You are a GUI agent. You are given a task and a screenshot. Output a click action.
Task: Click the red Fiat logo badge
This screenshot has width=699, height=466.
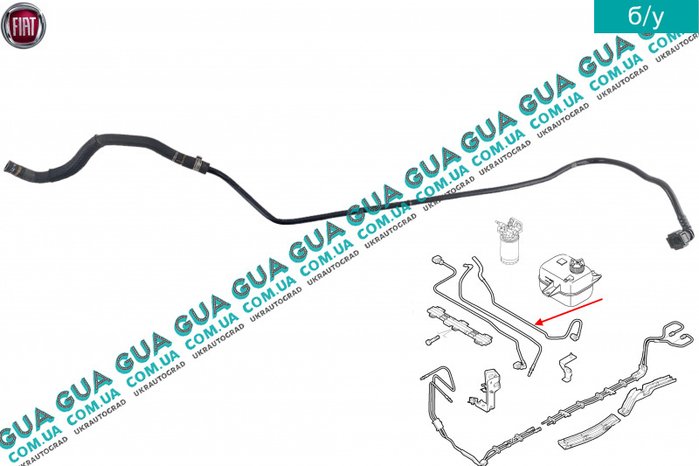pos(24,24)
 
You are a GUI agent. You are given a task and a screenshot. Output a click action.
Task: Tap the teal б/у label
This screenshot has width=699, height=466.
pos(646,17)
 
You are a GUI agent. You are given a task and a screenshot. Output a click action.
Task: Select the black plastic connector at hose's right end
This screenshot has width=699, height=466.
pos(679,238)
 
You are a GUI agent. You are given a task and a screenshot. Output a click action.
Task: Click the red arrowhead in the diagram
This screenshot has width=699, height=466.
pos(538,322)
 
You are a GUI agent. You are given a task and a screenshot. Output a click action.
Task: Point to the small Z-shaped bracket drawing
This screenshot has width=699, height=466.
pos(567,366)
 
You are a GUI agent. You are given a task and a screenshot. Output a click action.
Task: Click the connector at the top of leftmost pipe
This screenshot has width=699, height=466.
pos(436,261)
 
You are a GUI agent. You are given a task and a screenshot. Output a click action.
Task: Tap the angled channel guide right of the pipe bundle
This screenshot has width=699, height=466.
pos(647,393)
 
